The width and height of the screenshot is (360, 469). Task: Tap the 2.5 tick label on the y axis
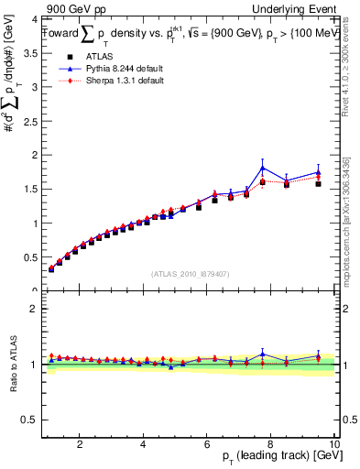pyautogui.click(x=28, y=121)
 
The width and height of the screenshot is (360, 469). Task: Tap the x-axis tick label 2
pyautogui.click(x=81, y=444)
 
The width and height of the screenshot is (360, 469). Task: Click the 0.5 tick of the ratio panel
pyautogui.click(x=28, y=420)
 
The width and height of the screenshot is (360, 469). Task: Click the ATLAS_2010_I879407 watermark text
pyautogui.click(x=190, y=273)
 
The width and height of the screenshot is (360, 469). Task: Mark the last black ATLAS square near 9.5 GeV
pyautogui.click(x=318, y=184)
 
